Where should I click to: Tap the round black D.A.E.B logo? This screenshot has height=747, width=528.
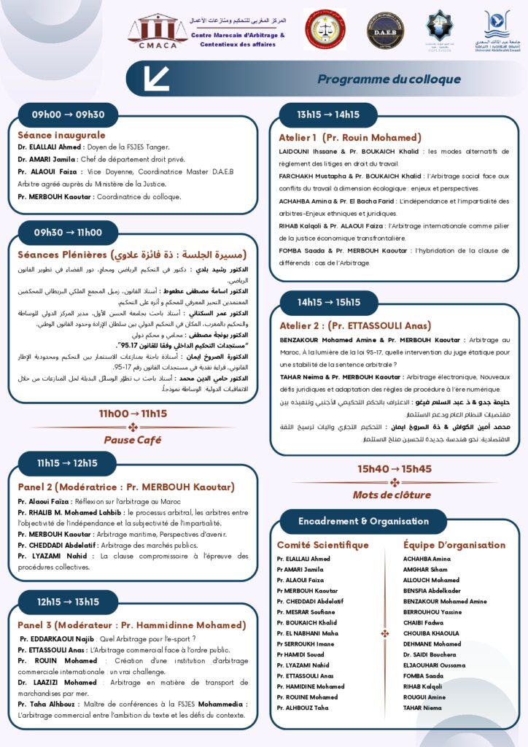coord(384,31)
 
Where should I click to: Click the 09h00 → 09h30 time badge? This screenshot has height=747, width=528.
coord(69,115)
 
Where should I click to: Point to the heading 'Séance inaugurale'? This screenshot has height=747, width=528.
coord(61,135)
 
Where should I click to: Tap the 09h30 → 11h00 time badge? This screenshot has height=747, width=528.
coord(68,233)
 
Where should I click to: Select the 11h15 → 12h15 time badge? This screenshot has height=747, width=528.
coord(67,463)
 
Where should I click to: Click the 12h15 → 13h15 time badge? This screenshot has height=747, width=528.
coord(68,602)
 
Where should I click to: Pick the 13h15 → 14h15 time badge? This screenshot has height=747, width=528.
coord(327,115)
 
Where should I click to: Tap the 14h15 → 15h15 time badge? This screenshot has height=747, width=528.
coord(328,301)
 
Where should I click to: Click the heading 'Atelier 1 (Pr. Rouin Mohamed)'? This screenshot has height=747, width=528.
coord(350,137)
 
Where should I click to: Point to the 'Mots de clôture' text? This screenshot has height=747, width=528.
coord(395,495)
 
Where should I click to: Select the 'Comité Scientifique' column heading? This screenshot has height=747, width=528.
coord(322,545)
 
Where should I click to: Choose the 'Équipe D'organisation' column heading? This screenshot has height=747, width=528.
coord(454,545)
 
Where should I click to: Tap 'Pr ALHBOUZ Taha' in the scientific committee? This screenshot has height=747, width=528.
coord(303,707)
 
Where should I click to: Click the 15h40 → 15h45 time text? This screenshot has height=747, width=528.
coord(395,469)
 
